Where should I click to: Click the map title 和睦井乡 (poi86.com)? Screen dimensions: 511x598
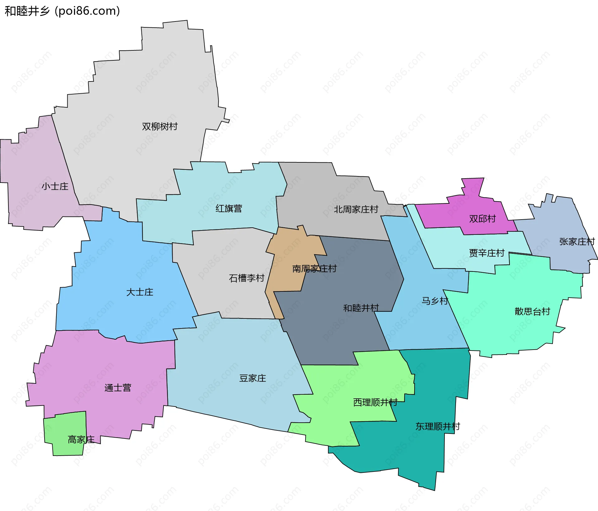(x=62, y=11)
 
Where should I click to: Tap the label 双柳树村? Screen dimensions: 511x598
(x=160, y=127)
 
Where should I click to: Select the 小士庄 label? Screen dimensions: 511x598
(x=55, y=186)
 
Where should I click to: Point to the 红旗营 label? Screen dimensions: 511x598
(x=229, y=208)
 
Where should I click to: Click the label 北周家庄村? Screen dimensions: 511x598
(x=356, y=209)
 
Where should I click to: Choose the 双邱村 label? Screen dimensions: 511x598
(x=482, y=219)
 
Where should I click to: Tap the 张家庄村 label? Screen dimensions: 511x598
(x=577, y=242)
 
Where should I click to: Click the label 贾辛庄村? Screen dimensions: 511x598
(x=486, y=253)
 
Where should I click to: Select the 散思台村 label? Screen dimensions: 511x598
(x=532, y=311)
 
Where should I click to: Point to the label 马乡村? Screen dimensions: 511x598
(x=435, y=301)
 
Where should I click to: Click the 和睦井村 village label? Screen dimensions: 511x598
(x=361, y=308)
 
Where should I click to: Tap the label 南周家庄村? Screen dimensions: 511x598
(x=314, y=268)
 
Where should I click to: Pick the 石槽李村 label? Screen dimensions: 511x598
(x=246, y=278)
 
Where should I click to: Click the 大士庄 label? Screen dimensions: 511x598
(x=140, y=292)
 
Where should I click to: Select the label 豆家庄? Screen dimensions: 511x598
(x=253, y=378)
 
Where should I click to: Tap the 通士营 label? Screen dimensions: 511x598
(x=118, y=388)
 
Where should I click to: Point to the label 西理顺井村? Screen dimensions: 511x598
(x=375, y=402)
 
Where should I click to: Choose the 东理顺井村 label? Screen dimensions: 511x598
(x=438, y=426)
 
